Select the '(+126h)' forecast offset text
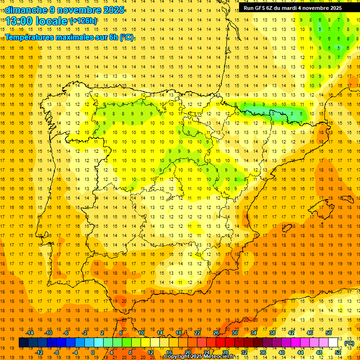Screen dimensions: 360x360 click(83, 21)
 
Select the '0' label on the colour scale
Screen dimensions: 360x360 click(93, 352)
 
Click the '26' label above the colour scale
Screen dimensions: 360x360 click(216, 333)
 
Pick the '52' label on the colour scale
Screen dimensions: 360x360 click(338, 352)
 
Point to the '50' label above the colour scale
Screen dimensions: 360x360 click(329, 333)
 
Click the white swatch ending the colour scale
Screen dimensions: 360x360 click(333, 343)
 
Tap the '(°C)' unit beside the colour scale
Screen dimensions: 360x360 click(349, 343)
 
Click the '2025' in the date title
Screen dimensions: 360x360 click(113, 10)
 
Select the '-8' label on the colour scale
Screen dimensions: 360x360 click(57, 352)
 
